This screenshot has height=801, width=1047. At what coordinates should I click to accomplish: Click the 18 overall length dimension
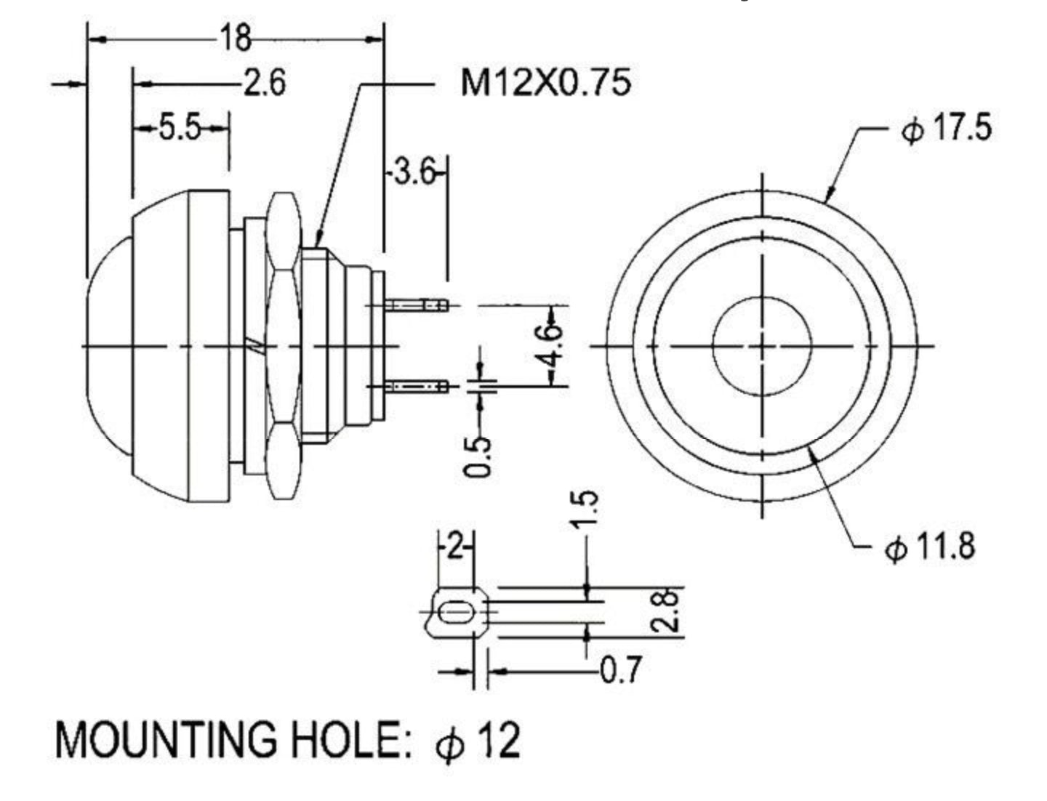pos(234,37)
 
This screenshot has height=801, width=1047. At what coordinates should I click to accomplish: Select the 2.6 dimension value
pos(264,84)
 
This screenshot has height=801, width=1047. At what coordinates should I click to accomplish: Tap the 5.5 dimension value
pos(180,129)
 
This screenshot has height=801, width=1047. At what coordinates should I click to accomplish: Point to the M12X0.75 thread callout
pos(545,83)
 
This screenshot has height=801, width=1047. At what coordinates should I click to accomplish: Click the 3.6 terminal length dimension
pos(414,173)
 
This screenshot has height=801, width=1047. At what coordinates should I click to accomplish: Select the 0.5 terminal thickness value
pos(478,456)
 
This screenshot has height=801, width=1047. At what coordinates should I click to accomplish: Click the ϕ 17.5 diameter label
pos(945,129)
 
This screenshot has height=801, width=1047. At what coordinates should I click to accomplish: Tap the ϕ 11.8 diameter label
pos(928,547)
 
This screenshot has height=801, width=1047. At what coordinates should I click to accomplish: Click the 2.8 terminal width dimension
pos(670,611)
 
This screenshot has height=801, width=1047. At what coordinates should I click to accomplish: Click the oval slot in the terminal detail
pos(456,613)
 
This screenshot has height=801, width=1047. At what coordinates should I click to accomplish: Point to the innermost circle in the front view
pos(761,345)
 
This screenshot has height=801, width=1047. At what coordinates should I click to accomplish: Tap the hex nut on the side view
pos(284,346)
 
